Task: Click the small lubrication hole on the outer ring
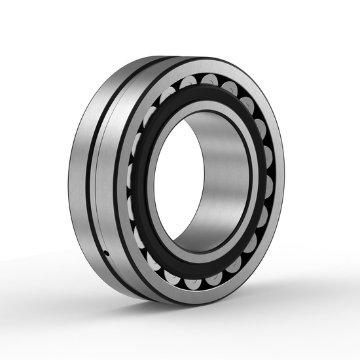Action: [106, 252]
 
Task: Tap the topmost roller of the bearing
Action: [209, 80]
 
